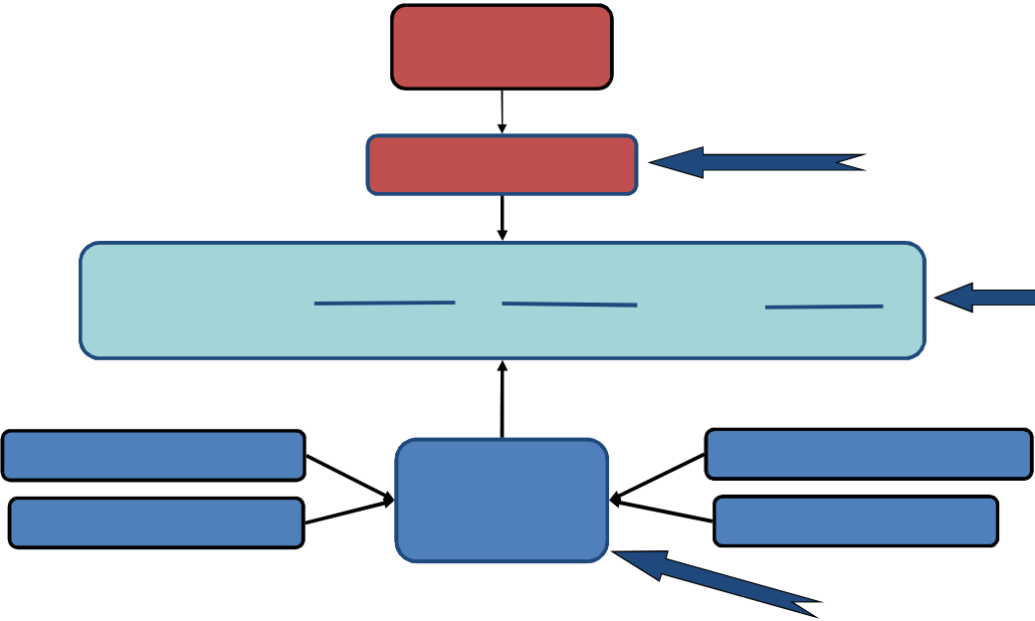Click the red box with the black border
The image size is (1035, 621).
[502, 47]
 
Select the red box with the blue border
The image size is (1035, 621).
[502, 165]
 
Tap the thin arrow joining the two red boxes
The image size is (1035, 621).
[502, 111]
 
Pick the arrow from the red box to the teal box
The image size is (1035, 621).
[502, 217]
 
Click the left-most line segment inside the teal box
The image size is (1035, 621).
[384, 303]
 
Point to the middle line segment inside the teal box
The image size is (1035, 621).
[569, 305]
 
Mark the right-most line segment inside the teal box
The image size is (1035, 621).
[824, 307]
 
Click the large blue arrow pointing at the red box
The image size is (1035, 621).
[756, 162]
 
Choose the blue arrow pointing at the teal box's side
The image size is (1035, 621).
[985, 297]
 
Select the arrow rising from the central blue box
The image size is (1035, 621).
[502, 398]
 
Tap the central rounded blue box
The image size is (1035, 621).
[502, 500]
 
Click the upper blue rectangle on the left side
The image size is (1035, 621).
[153, 456]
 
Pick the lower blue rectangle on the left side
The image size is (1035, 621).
[156, 522]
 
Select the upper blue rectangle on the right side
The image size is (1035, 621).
[868, 454]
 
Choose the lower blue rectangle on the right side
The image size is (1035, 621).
[856, 520]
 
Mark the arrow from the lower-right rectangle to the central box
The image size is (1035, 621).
[662, 511]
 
